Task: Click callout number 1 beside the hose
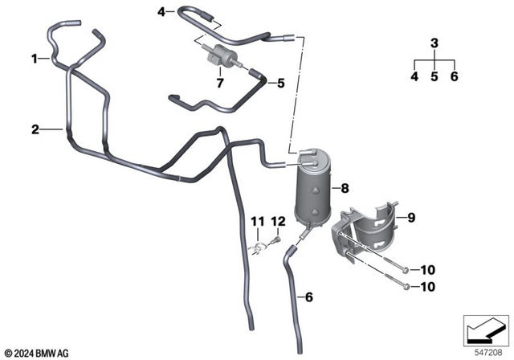(35, 59)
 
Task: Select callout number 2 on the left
(35, 129)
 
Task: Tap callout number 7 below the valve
(218, 82)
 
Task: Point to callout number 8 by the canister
(345, 189)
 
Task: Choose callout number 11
(256, 221)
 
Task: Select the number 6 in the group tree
(454, 77)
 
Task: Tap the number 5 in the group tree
(434, 77)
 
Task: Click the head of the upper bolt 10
(405, 270)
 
